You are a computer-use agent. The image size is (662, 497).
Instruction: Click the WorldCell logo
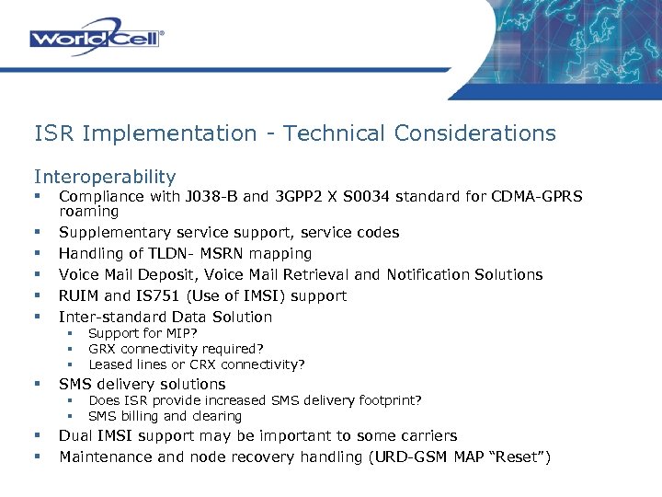coord(97,38)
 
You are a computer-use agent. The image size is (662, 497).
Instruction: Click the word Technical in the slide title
coord(335,133)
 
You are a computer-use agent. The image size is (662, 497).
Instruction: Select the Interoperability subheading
coord(105,176)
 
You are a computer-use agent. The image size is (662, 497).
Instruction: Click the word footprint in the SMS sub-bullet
coord(385,399)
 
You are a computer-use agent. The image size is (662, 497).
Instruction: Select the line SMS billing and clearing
coord(165,416)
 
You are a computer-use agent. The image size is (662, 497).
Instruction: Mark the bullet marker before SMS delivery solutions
coord(38,384)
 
